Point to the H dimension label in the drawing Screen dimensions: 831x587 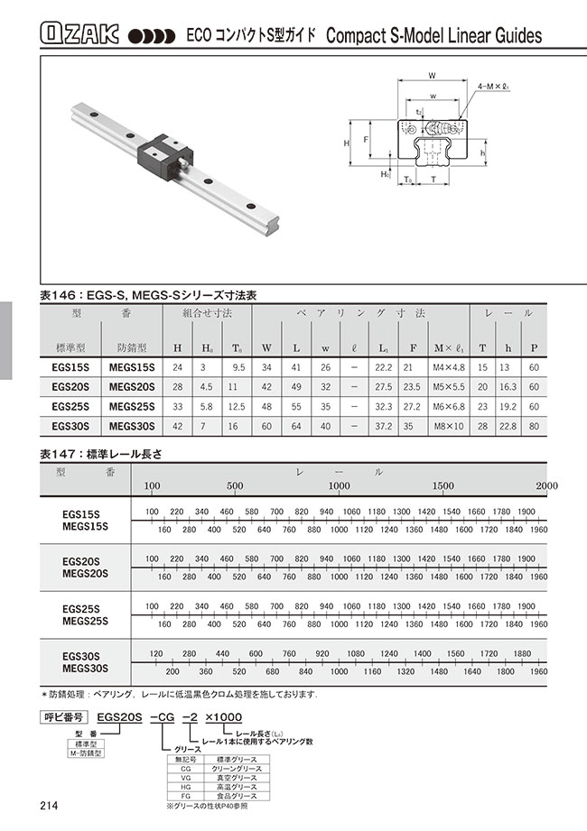point(347,143)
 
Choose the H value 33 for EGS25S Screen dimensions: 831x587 point(177,405)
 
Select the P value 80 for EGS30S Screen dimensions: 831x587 point(535,424)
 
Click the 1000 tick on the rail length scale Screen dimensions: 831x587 point(339,486)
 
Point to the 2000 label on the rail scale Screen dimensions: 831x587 point(546,486)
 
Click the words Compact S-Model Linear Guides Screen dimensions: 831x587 point(433,36)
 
